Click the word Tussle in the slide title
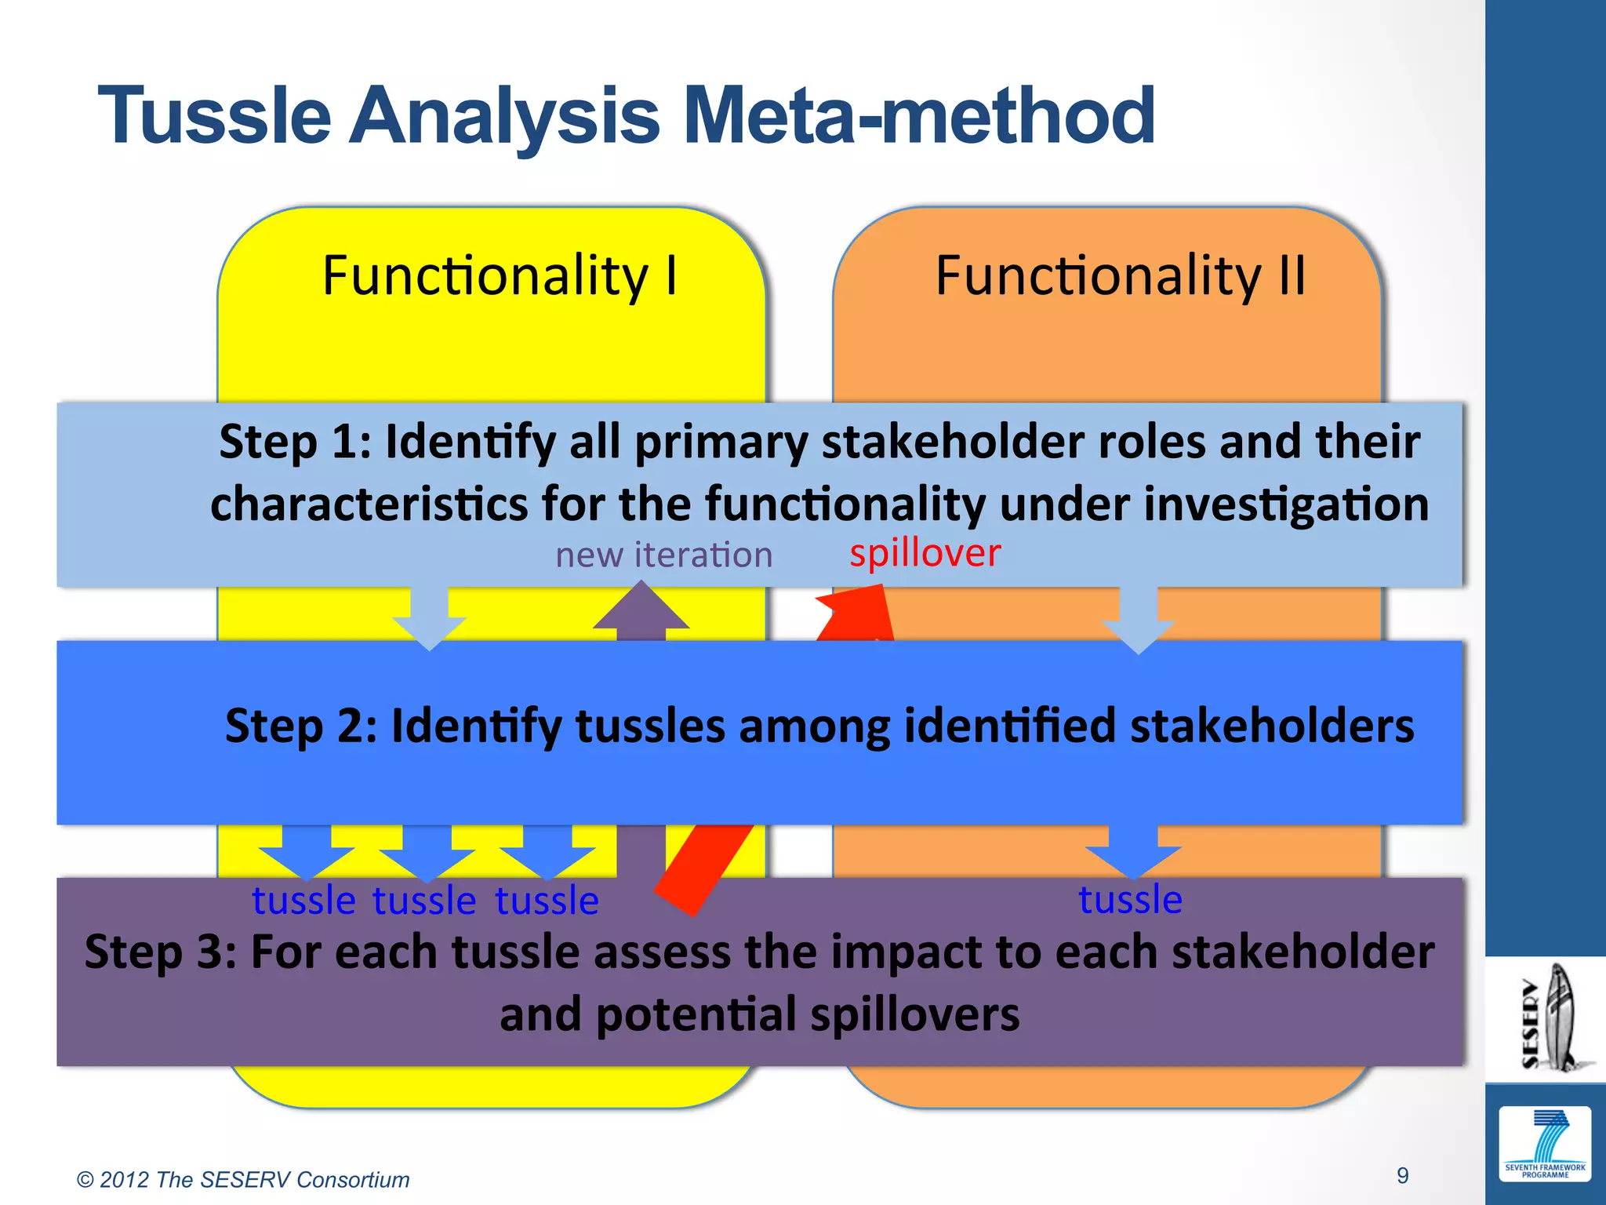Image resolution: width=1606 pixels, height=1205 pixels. (x=214, y=116)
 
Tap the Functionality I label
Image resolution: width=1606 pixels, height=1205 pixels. (x=500, y=276)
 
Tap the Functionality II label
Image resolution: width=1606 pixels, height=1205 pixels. (x=1121, y=276)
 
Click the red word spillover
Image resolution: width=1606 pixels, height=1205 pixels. (x=925, y=553)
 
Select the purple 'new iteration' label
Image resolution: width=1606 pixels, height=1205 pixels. (x=663, y=555)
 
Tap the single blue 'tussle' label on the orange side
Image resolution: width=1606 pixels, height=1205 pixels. (x=1130, y=899)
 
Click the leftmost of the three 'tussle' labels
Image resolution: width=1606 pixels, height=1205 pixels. (x=303, y=901)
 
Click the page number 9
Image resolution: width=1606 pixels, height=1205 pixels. (x=1402, y=1175)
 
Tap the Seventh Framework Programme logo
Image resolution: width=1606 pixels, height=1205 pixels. (x=1544, y=1144)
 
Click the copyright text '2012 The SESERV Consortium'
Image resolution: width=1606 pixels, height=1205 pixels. (x=243, y=1180)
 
